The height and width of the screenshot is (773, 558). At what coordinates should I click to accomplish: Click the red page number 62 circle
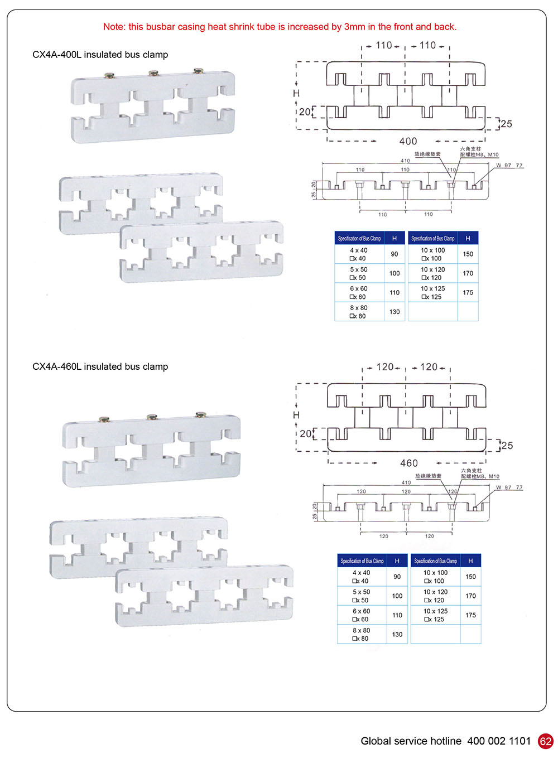545,741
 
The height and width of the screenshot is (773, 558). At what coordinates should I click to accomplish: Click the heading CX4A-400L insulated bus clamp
100,55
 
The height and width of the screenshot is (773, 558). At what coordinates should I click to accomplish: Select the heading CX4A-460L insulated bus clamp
100,366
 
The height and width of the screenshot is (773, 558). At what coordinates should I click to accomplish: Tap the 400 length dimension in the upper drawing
408,141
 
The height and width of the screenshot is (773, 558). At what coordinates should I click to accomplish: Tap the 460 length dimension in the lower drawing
408,463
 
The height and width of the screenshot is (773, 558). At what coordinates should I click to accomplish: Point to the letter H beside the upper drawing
296,93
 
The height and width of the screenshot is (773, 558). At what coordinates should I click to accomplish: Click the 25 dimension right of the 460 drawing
507,445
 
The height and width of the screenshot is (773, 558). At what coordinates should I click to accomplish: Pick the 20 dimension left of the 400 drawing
304,112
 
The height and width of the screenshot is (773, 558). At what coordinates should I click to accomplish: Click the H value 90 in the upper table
395,254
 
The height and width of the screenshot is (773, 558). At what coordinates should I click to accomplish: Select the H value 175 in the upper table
468,292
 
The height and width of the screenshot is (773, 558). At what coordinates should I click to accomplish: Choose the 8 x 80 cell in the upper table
359,311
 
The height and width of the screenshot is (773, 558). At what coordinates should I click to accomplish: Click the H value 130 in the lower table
397,634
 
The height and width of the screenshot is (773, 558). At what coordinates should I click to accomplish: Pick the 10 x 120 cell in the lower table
435,596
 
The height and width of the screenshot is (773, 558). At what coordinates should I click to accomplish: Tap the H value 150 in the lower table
470,577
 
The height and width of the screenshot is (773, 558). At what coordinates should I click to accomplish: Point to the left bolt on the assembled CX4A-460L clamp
104,419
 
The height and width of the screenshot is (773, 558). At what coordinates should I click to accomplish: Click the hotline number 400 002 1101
499,741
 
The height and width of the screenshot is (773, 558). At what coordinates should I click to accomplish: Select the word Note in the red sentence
114,27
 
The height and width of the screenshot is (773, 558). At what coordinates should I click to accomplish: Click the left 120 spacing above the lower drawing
384,366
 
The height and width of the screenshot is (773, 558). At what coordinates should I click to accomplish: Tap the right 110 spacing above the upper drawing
427,45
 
